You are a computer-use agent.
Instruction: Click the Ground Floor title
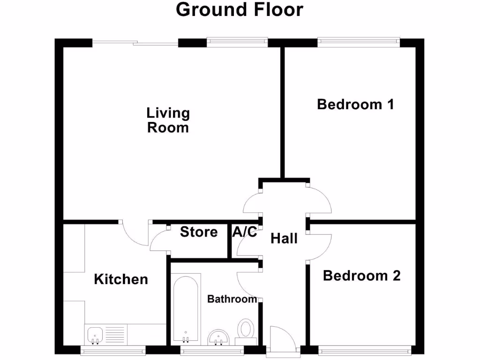point(240,9)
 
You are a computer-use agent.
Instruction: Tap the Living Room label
point(168,120)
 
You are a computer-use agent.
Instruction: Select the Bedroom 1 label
point(355,104)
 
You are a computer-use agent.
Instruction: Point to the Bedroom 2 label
point(361,276)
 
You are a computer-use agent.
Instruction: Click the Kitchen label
point(121,279)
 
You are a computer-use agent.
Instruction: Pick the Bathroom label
point(232,299)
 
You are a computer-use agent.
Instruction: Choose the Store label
point(199,232)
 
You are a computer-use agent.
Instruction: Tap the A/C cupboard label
point(245,232)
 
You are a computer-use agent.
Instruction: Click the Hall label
point(284,239)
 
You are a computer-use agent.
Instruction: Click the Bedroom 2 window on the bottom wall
point(365,350)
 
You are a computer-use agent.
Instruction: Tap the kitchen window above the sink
point(112,350)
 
